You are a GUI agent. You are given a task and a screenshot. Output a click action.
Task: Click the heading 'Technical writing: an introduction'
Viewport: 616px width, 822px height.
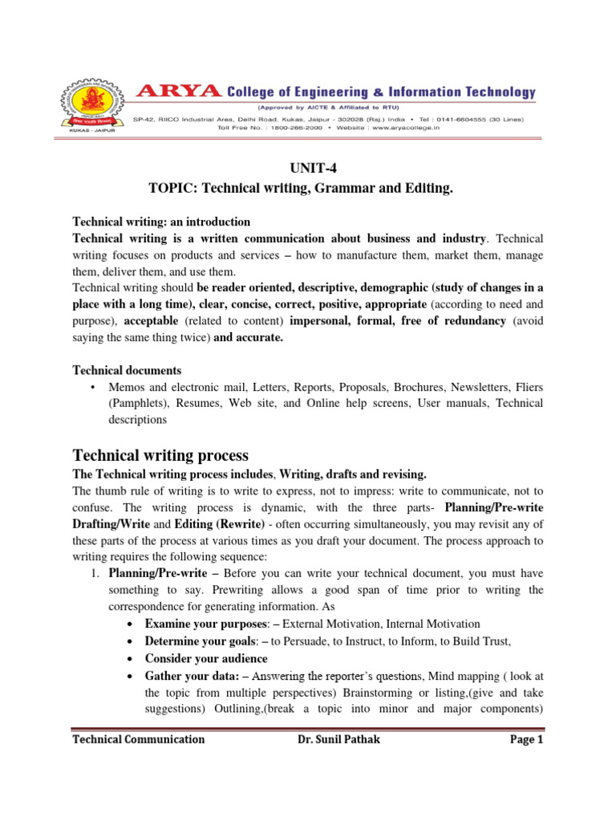tap(161, 222)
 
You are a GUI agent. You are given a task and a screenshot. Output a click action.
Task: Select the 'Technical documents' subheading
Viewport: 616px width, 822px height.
tap(127, 370)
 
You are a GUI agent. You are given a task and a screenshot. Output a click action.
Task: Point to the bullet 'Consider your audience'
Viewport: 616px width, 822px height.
tap(206, 659)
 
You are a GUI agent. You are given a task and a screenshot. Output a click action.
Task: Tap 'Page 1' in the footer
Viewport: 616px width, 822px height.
tap(527, 739)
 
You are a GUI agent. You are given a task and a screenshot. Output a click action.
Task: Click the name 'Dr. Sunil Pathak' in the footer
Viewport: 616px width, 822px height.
tap(338, 739)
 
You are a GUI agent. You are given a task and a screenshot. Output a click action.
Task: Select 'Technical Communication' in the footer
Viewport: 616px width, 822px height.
tap(138, 739)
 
